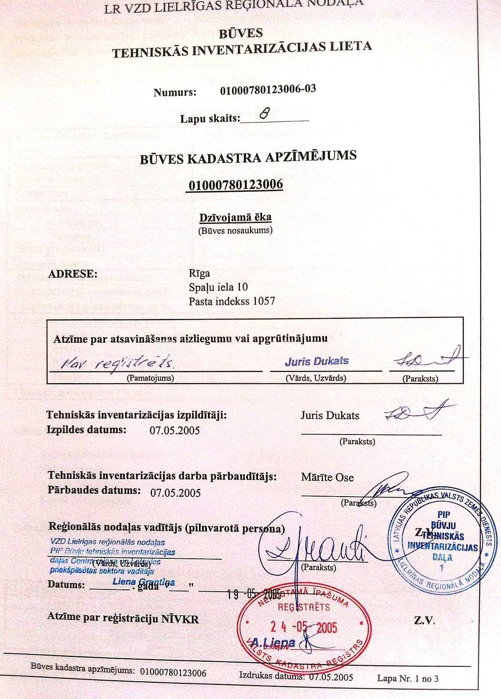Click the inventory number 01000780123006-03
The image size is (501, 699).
pyautogui.click(x=268, y=89)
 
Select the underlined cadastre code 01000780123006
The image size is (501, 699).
pyautogui.click(x=236, y=184)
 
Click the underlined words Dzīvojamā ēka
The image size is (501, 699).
pyautogui.click(x=235, y=217)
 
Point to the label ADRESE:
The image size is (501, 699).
pyautogui.click(x=73, y=274)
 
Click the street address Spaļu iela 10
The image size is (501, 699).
pyautogui.click(x=218, y=287)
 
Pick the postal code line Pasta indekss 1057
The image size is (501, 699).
pyautogui.click(x=232, y=301)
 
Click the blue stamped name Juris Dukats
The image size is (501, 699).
pyautogui.click(x=317, y=361)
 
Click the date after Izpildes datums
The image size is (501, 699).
pyautogui.click(x=175, y=430)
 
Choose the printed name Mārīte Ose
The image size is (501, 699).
pyautogui.click(x=327, y=478)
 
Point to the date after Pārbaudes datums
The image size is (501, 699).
pyautogui.click(x=175, y=493)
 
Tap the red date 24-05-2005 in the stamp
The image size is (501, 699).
pyautogui.click(x=304, y=627)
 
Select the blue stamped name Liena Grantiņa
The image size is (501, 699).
pyautogui.click(x=143, y=582)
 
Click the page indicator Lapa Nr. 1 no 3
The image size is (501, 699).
pyautogui.click(x=408, y=678)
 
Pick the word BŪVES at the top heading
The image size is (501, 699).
pyautogui.click(x=241, y=33)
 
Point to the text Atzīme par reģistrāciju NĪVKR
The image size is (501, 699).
pyautogui.click(x=123, y=618)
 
